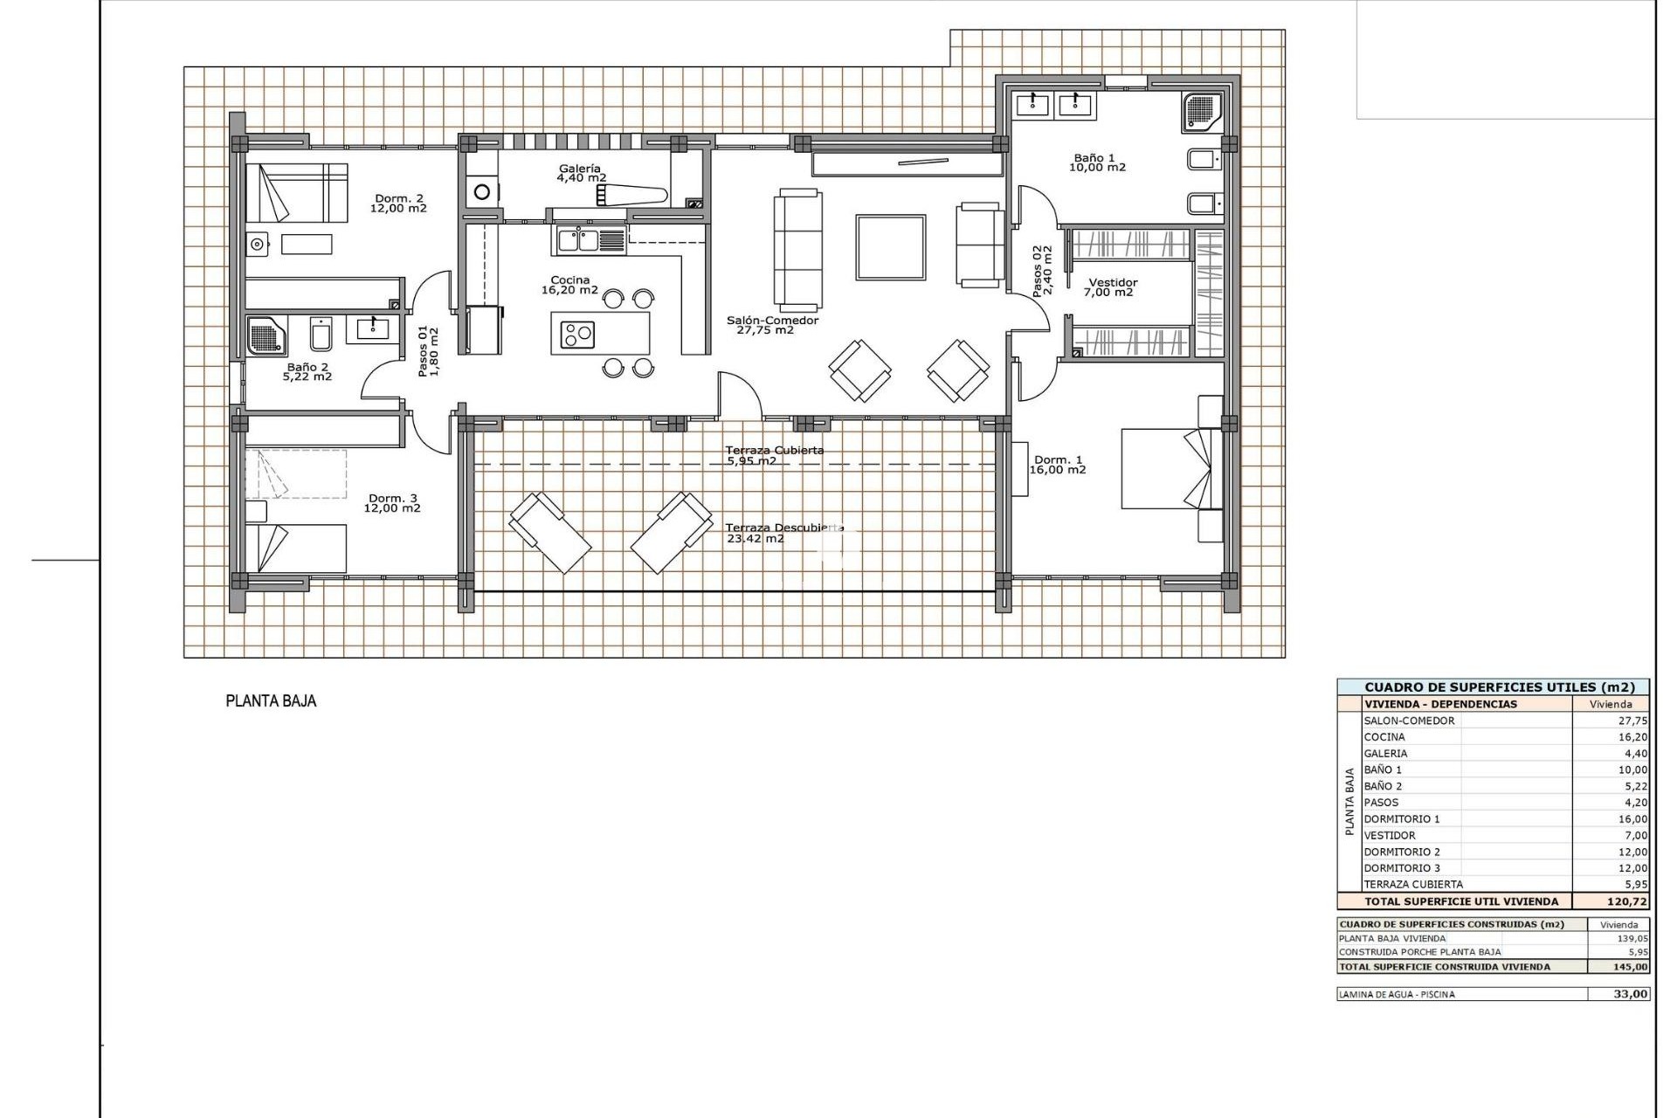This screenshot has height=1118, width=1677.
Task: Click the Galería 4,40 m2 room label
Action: click(x=581, y=173)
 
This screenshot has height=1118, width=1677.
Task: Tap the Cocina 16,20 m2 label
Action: click(x=569, y=286)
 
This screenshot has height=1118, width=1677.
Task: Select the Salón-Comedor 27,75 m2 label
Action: click(x=772, y=325)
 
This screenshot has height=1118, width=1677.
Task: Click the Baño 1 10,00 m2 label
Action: click(x=1099, y=162)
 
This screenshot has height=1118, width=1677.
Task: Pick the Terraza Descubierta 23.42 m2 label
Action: click(x=783, y=533)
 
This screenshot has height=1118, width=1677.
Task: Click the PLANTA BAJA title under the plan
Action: click(x=271, y=700)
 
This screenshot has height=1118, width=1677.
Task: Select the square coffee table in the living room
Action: click(x=890, y=247)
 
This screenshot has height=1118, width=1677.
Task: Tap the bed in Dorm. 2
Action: click(x=295, y=193)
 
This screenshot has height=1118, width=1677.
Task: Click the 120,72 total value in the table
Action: click(x=1625, y=901)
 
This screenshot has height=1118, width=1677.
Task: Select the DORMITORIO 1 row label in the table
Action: click(x=1401, y=819)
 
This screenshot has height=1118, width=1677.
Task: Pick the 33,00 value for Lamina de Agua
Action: click(x=1630, y=994)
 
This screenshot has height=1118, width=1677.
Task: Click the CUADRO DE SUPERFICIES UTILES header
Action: click(x=1493, y=687)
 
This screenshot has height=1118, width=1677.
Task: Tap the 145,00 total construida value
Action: click(x=1629, y=967)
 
